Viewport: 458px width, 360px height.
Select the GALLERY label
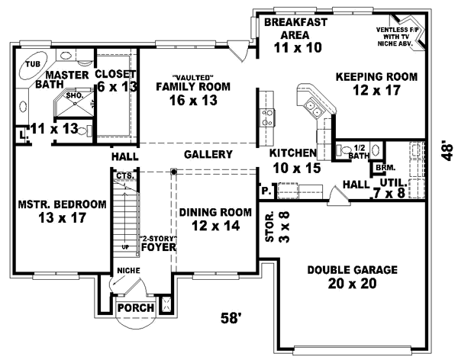click(208, 155)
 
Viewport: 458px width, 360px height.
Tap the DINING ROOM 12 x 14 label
click(208, 219)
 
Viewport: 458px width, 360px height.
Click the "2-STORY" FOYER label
click(158, 243)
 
